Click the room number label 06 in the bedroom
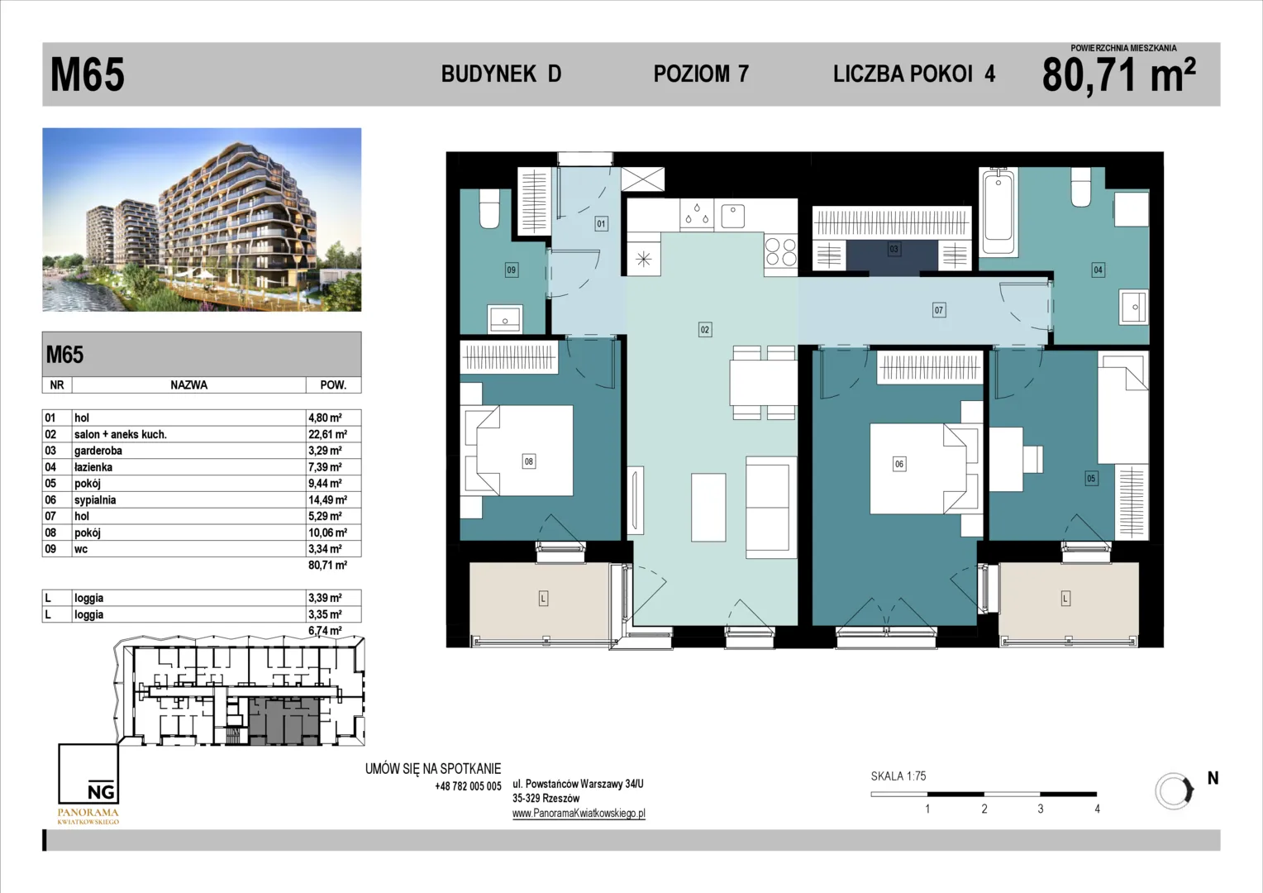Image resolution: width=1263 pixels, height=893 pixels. click(898, 464)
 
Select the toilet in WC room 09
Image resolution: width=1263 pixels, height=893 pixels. click(489, 208)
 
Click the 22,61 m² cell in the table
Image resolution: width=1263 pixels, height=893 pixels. click(327, 434)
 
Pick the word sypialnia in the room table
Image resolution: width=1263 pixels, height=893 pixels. click(95, 499)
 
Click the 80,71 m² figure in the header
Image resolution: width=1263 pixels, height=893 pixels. click(1118, 75)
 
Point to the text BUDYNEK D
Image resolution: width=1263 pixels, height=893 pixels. click(501, 74)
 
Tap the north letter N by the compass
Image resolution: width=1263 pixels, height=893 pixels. click(1213, 778)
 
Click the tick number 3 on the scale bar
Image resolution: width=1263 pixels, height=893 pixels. click(1041, 809)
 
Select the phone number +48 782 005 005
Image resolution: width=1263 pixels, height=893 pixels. click(468, 786)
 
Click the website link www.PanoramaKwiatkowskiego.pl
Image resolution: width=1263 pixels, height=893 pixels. click(579, 814)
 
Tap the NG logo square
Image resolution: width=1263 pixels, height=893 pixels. click(88, 773)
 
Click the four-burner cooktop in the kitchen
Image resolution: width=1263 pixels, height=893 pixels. click(780, 251)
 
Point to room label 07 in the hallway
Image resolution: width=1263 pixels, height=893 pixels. click(938, 310)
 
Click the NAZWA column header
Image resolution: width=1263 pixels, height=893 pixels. click(189, 385)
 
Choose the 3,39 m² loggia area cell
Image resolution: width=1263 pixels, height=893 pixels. click(325, 598)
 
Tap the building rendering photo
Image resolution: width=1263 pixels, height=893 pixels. click(202, 219)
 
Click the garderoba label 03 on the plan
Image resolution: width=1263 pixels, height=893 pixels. click(894, 249)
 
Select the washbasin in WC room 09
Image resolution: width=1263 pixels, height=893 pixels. click(505, 318)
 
